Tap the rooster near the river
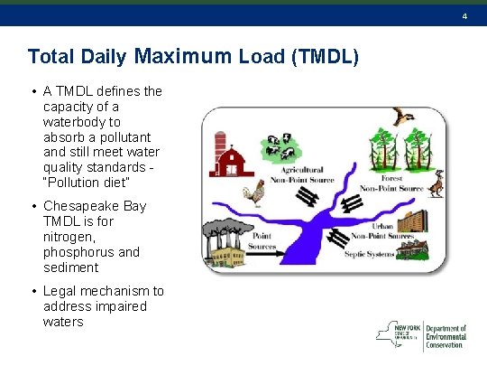pyautogui.click(x=257, y=192)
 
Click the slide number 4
pyautogui.click(x=464, y=16)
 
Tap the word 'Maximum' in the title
pyautogui.click(x=186, y=56)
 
